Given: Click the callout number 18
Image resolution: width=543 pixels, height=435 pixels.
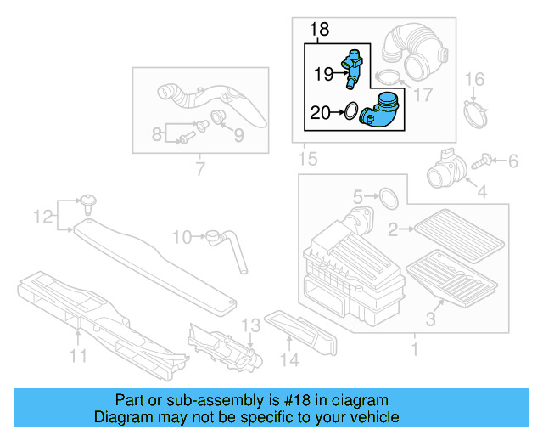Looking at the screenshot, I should point(318,31).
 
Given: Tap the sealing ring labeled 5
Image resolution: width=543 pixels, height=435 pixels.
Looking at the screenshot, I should point(387,197).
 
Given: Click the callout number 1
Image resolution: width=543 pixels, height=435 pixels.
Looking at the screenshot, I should point(414,349).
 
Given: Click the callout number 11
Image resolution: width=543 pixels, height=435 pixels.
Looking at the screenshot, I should point(78,357).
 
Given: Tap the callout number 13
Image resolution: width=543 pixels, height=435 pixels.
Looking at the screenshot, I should point(249,326).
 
